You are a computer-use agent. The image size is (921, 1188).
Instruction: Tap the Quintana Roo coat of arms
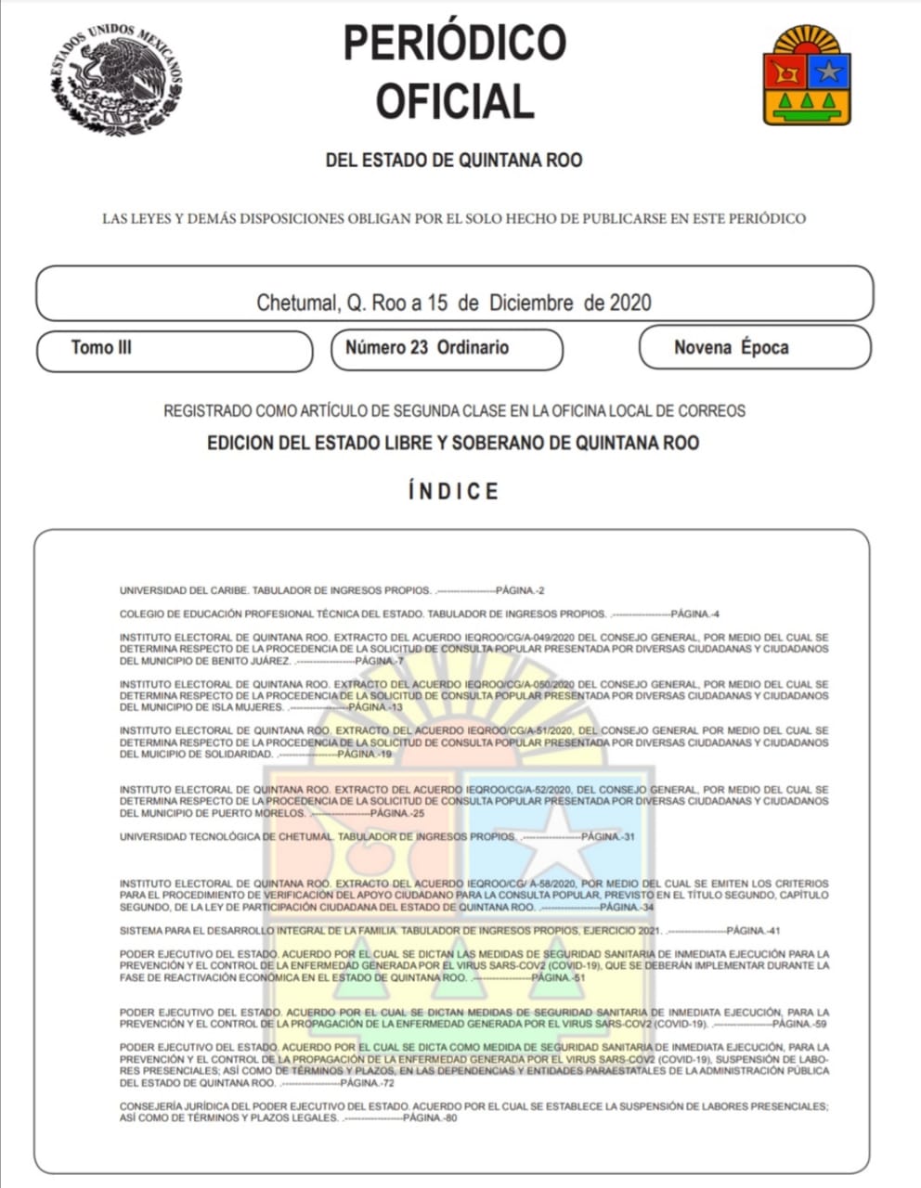[807, 76]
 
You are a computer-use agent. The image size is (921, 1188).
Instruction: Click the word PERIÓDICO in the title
[454, 43]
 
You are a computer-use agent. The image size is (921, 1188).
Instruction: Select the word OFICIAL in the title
[454, 101]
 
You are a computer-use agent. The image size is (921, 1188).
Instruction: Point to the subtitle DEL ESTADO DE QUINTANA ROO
[454, 161]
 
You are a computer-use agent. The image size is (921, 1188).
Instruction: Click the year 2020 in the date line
[630, 303]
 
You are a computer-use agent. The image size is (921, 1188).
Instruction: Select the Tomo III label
[101, 348]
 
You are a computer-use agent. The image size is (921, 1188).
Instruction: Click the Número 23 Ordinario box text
[427, 348]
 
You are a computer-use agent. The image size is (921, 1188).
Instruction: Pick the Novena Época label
[732, 348]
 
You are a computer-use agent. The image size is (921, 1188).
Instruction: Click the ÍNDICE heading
[454, 491]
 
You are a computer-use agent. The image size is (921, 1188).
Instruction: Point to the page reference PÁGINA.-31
[608, 836]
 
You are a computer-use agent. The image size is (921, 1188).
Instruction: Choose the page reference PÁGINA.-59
[799, 1024]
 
